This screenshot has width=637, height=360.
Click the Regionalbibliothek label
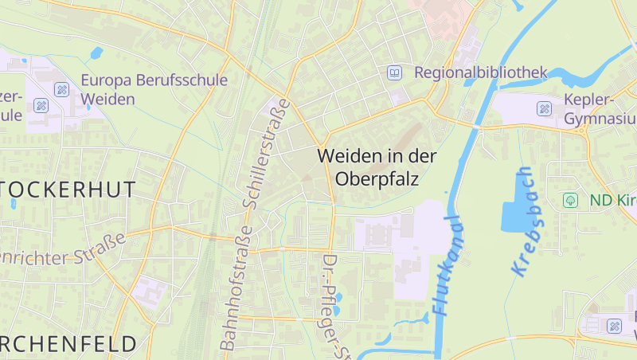coord(481,73)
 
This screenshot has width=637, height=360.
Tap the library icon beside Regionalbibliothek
coord(394,72)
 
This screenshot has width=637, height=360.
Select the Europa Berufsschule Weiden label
coord(154,89)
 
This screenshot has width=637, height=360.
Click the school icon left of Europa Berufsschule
coord(61,88)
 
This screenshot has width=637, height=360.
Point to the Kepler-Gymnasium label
coord(600,109)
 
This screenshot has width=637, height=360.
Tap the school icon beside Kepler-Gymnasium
coord(545,108)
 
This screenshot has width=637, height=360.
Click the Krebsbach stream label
coord(524,221)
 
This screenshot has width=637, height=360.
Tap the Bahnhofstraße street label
coord(236,288)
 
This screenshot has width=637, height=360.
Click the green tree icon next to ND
coord(569,200)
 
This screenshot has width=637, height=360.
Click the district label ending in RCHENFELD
coord(68,344)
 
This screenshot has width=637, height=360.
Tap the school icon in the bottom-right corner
coord(614,326)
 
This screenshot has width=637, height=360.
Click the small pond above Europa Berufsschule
coord(96,53)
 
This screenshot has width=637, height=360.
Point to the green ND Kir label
coord(613,200)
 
